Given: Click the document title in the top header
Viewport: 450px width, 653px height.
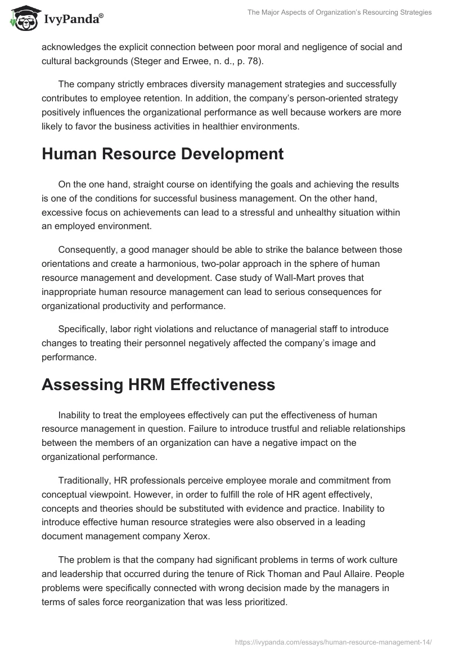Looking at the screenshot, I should point(339,12).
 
